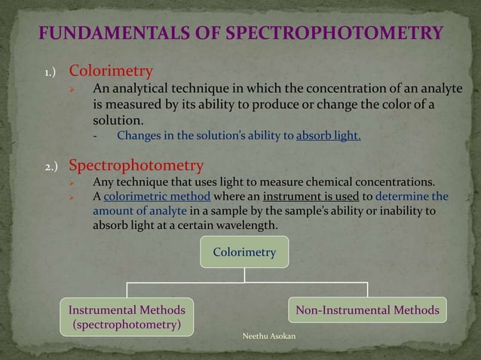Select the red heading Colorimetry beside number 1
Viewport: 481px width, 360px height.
point(111,72)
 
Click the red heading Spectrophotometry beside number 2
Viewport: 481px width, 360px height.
point(136,165)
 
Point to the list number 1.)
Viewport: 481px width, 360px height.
point(51,74)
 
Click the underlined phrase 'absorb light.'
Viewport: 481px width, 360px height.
point(329,136)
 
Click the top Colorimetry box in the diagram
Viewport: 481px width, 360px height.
point(244,252)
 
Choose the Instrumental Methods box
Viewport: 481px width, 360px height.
point(127,317)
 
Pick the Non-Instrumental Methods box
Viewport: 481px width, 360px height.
point(367,310)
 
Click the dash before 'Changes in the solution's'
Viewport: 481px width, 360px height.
point(96,136)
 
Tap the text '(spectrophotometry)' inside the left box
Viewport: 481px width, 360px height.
point(127,325)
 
